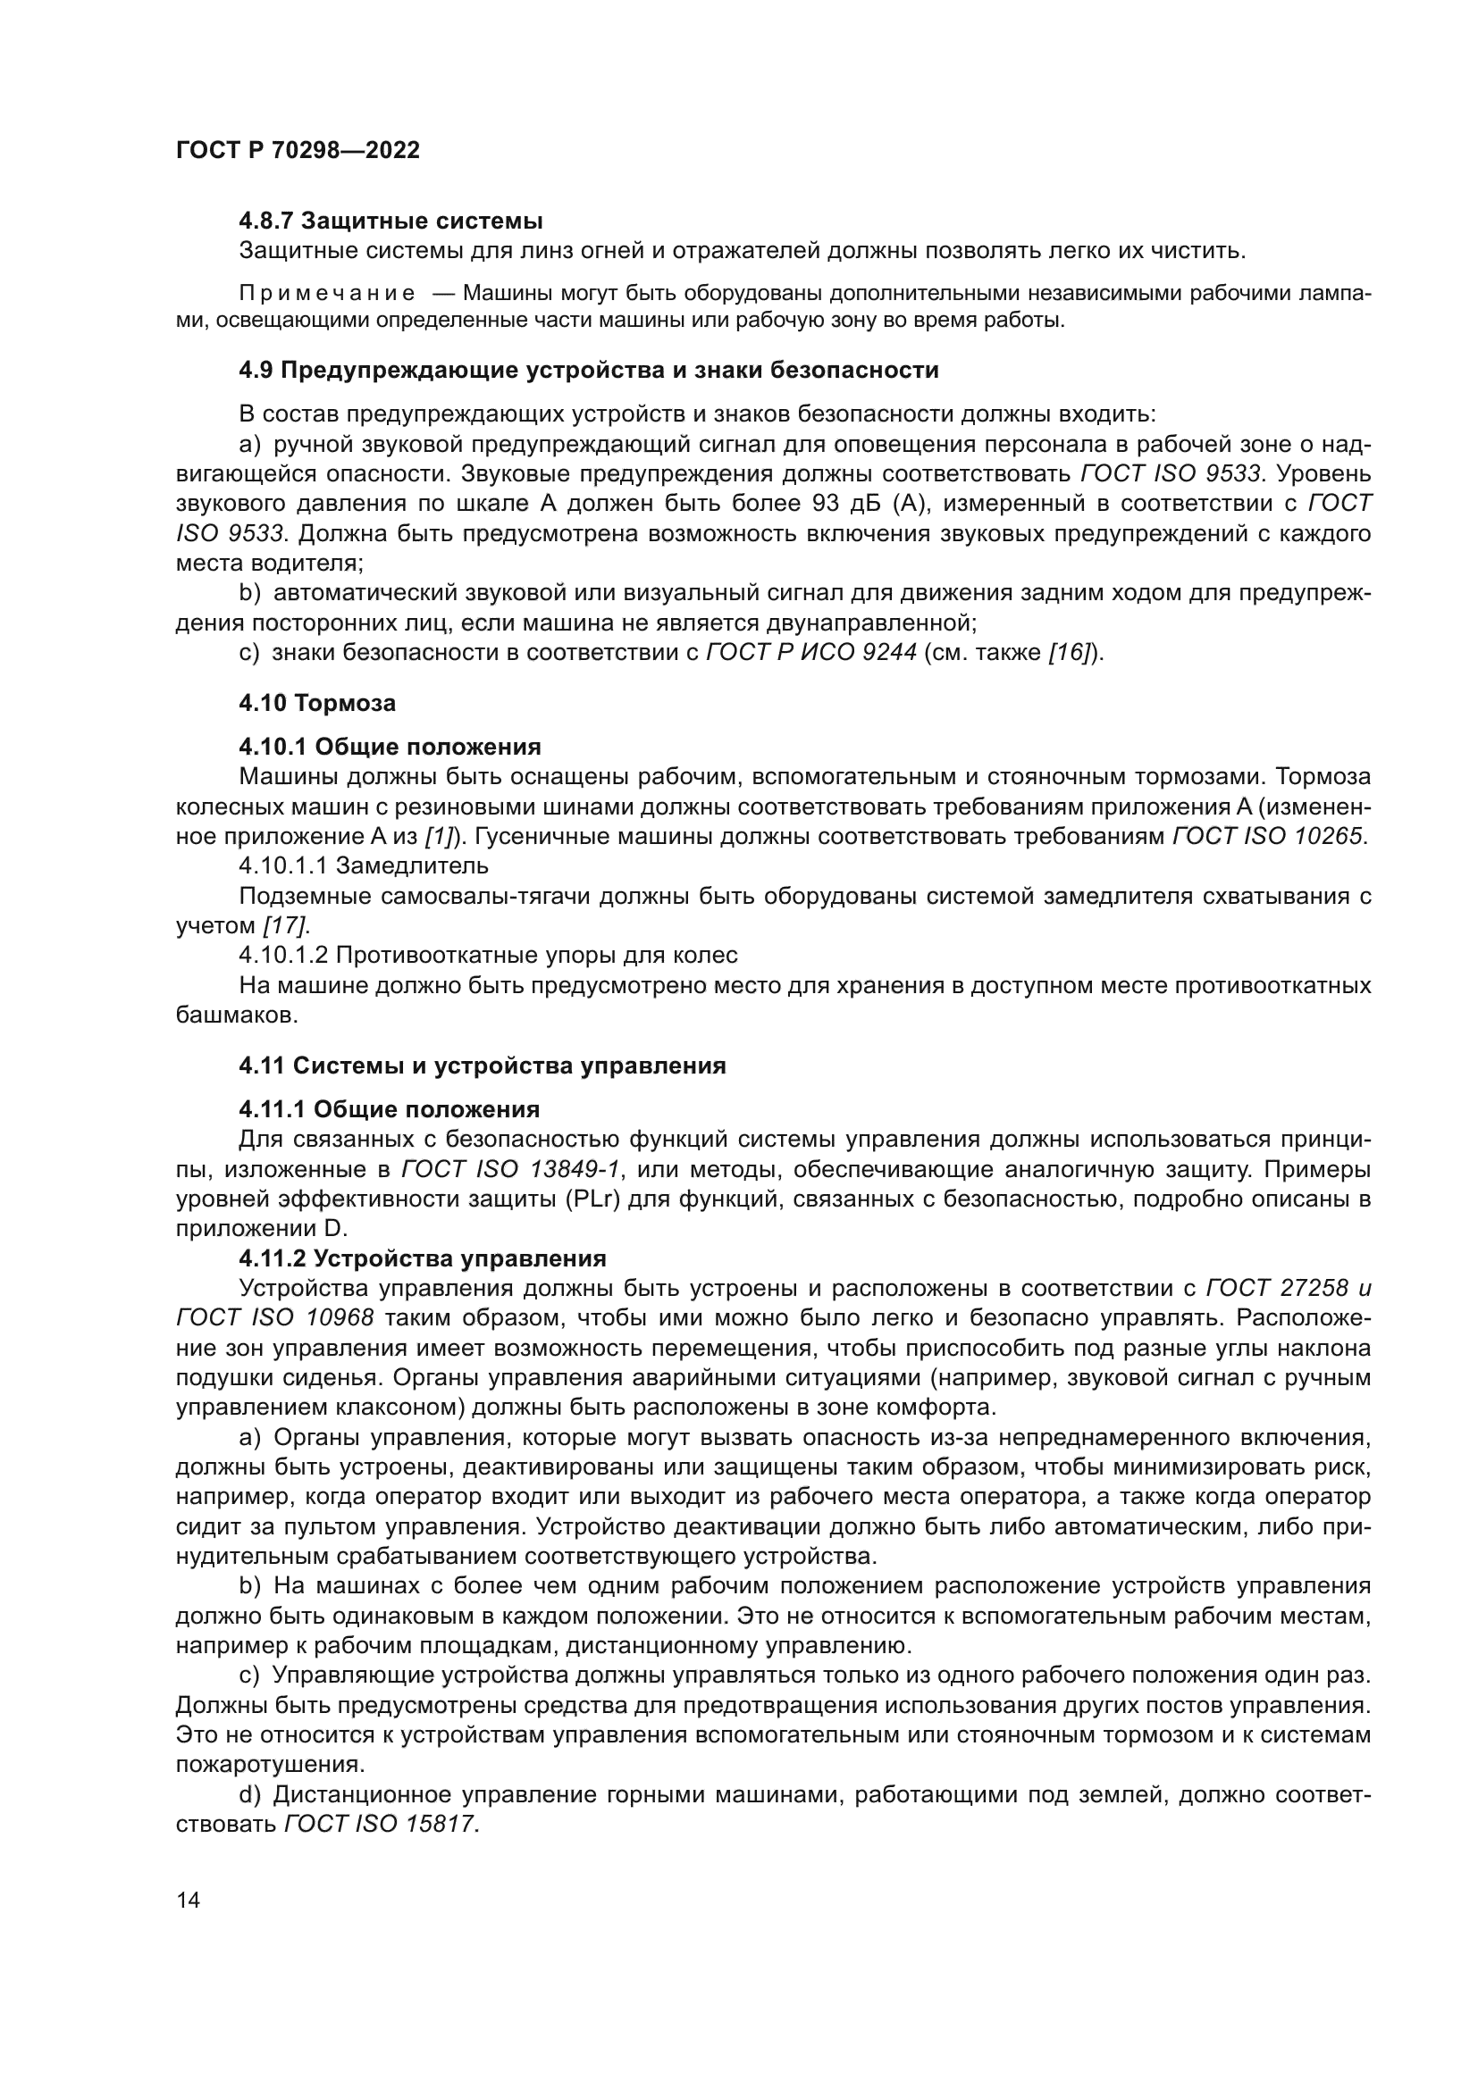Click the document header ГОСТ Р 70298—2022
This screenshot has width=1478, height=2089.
tap(298, 150)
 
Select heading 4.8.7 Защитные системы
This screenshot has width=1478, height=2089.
tap(390, 221)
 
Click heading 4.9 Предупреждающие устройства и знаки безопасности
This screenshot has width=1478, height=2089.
tap(588, 371)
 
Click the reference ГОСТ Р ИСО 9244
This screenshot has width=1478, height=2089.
tap(810, 652)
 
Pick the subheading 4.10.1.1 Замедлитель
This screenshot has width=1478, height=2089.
tap(363, 865)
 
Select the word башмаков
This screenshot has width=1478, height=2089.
tap(237, 1015)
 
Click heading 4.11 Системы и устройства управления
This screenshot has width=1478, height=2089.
tap(483, 1065)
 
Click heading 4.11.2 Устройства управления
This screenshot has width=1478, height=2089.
tap(423, 1258)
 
